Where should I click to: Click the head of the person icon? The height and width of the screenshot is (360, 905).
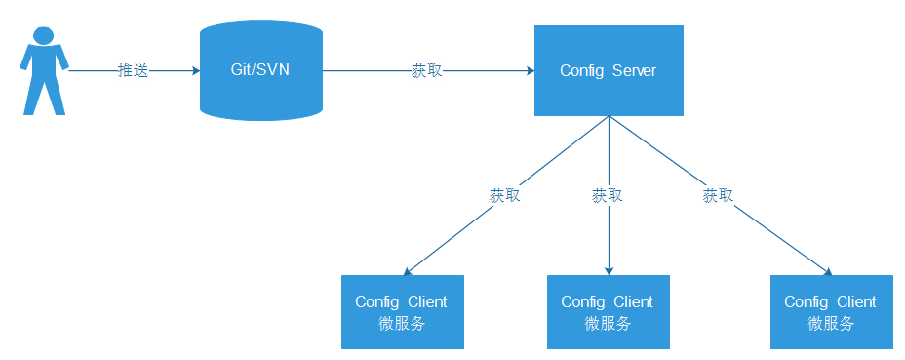44,35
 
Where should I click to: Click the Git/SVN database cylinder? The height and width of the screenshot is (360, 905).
260,71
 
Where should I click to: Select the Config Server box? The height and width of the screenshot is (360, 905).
609,70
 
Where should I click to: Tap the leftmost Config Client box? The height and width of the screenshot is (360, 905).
402,312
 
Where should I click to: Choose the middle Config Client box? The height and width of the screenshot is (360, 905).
609,312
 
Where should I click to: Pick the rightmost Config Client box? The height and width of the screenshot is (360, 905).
831,312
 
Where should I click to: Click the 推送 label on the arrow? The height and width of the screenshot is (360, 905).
133,71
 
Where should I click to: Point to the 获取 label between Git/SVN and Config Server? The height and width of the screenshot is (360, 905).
426,71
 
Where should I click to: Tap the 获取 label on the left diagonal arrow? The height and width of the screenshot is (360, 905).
504,195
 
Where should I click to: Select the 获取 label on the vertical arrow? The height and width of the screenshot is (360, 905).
607,195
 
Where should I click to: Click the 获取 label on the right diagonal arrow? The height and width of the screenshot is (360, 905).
718,195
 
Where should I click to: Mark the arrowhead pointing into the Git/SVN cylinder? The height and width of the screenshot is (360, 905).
194,71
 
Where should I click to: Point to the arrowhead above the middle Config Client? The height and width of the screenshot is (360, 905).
609,269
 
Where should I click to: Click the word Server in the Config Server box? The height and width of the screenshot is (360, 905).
634,71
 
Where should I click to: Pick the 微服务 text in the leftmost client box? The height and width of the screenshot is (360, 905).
402,324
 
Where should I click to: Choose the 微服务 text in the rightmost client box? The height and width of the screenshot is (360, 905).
831,324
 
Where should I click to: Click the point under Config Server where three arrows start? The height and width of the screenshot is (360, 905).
609,116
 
